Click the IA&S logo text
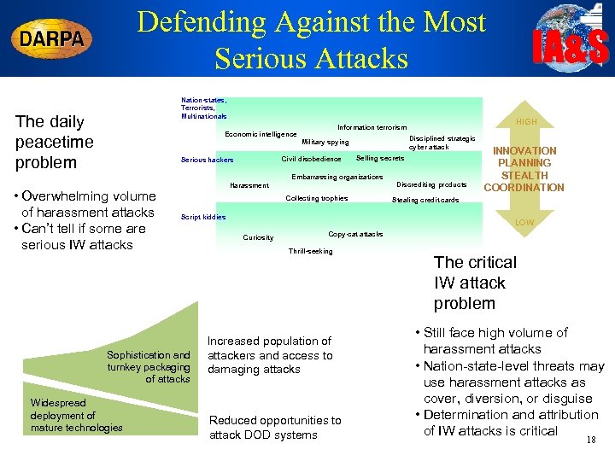point(571,47)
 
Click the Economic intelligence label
point(261,134)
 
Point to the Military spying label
point(325,142)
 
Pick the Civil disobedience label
point(311,159)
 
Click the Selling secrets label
point(380,159)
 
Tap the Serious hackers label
point(207,160)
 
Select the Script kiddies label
point(203,217)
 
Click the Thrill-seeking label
point(311,251)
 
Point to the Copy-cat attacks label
point(355,234)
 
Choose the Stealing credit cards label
point(425,201)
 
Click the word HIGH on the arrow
point(526,122)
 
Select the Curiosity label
point(259,237)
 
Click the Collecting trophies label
point(316,198)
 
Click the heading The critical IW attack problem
point(475,283)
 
